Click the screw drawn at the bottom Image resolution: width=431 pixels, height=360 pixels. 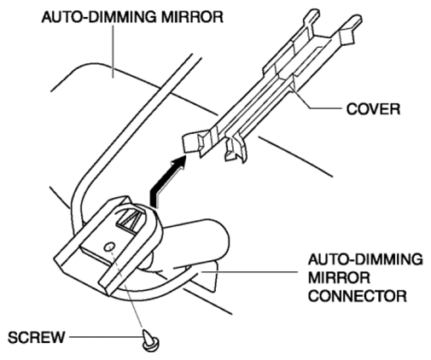(x=150, y=340)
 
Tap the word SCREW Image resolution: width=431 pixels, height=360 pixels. (x=37, y=338)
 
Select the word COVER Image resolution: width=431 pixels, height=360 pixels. (x=373, y=109)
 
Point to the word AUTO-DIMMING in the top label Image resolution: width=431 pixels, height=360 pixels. (x=99, y=17)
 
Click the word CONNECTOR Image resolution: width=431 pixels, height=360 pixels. (x=358, y=296)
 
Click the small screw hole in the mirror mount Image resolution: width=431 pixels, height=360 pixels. (x=109, y=247)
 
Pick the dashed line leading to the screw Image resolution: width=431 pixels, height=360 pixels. (x=127, y=287)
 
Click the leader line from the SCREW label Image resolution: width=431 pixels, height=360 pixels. (x=106, y=338)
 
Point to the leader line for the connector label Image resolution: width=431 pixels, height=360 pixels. (x=249, y=272)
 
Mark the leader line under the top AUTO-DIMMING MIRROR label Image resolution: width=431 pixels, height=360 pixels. (x=113, y=51)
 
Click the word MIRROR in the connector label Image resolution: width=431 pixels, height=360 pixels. (x=339, y=277)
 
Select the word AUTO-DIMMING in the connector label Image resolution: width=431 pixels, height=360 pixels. (x=365, y=259)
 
